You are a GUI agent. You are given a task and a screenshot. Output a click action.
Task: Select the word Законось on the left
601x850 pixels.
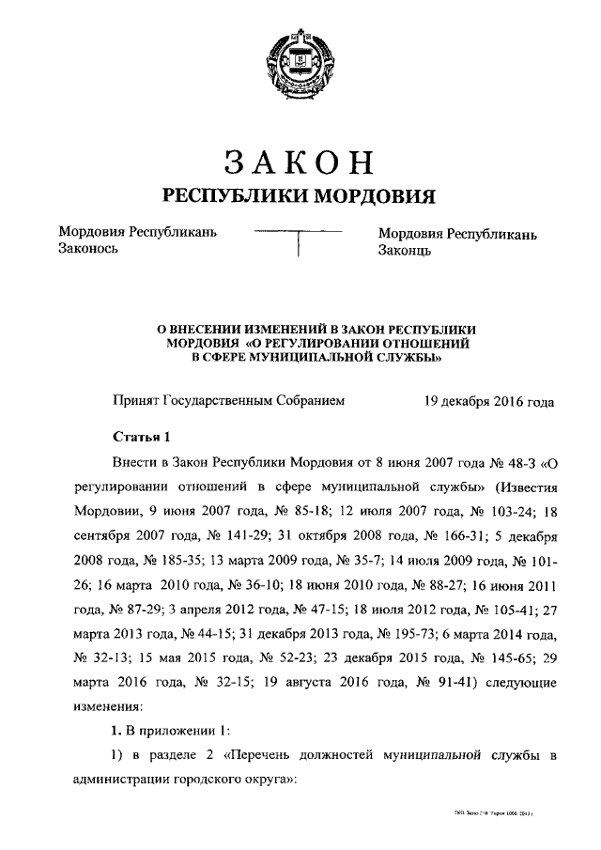tap(90, 251)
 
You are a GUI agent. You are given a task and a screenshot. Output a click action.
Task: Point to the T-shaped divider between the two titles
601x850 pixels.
tap(298, 240)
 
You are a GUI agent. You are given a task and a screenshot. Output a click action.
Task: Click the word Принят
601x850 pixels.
tap(136, 400)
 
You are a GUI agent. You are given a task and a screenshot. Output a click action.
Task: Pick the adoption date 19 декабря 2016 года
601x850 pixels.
tap(488, 400)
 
